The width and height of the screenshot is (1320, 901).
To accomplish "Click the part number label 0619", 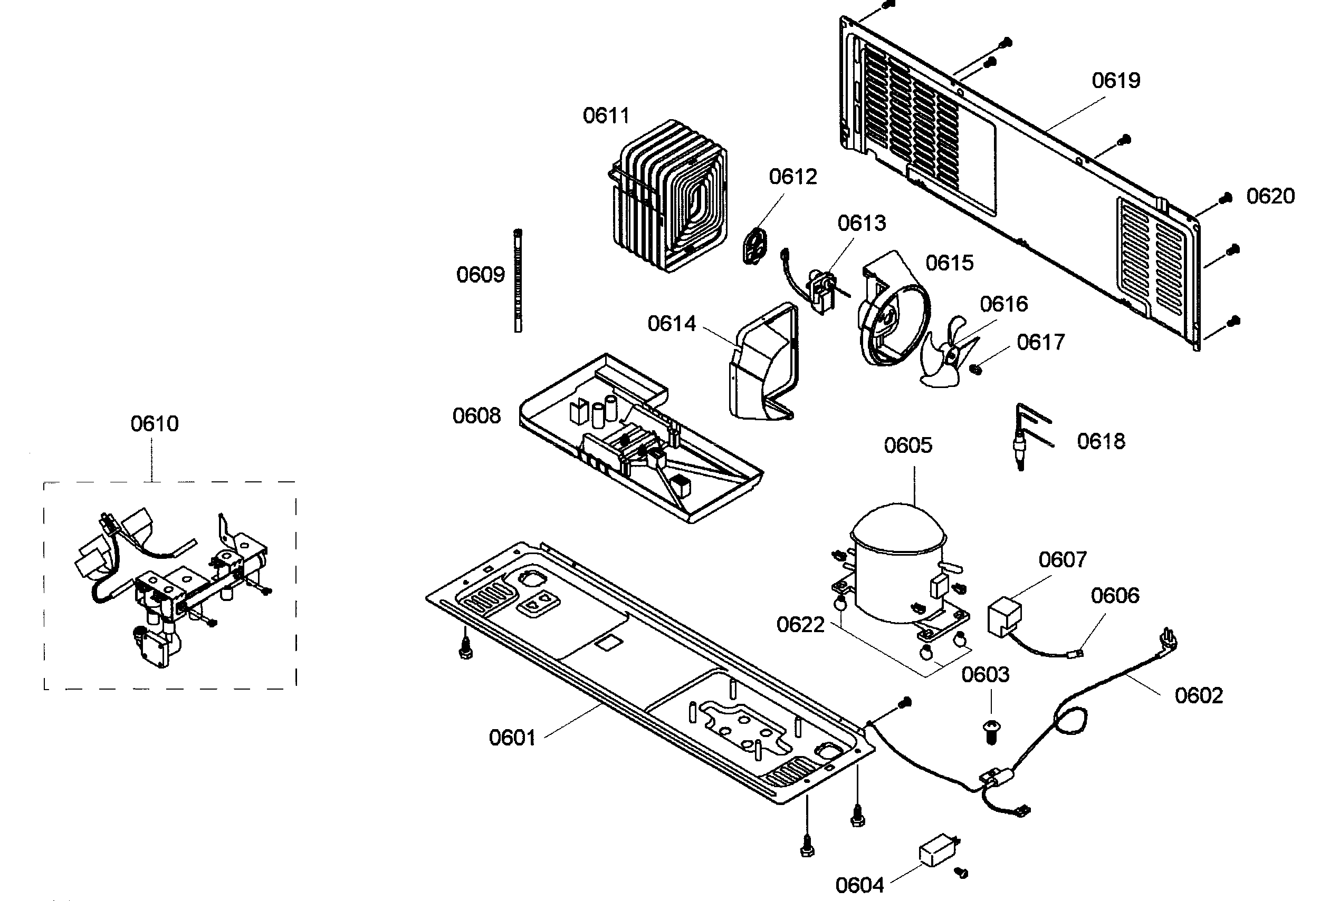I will point(1115,81).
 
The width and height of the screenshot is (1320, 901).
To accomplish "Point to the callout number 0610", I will point(155,423).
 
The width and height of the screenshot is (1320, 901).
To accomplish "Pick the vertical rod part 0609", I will point(518,280).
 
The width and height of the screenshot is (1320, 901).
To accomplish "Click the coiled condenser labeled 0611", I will point(670,196).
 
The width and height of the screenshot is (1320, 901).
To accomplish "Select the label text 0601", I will point(512,738).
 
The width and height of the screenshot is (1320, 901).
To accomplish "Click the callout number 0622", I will point(800,625).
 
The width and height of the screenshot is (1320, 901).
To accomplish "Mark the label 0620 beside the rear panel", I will point(1270,197).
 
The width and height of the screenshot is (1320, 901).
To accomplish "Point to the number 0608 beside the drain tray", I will point(476,416).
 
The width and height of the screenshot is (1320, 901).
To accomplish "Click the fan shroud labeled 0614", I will point(761,363).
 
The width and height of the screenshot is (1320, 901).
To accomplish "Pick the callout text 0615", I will point(949,264).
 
